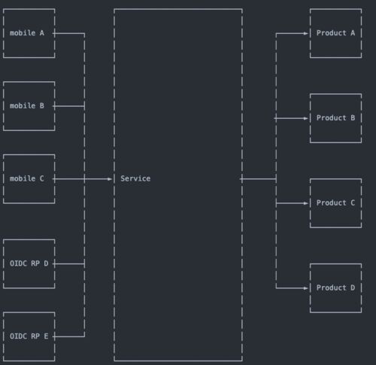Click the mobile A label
(x=27, y=33)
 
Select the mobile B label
(x=27, y=105)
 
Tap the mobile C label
(x=27, y=178)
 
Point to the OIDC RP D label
(x=29, y=263)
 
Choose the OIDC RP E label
(x=29, y=336)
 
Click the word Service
(x=135, y=178)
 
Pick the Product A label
(x=335, y=33)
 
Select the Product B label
(x=335, y=117)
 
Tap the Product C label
(x=335, y=202)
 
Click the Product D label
(x=335, y=287)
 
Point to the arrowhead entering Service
(x=110, y=179)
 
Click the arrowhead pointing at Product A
(x=305, y=33)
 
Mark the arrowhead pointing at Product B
(x=305, y=118)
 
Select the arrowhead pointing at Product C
(x=305, y=203)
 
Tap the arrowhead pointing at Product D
(x=305, y=288)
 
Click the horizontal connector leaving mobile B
(x=68, y=106)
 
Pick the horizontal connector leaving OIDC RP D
(x=68, y=264)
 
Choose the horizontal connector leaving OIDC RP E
(x=68, y=336)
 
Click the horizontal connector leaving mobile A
(x=68, y=33)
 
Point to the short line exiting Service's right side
(x=258, y=179)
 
